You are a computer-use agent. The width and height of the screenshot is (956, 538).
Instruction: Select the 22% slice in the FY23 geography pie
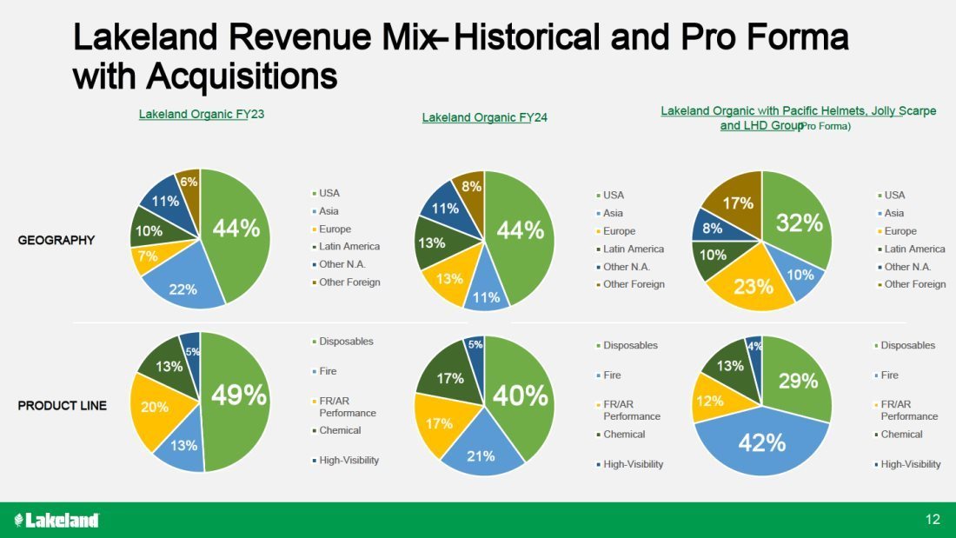click(183, 287)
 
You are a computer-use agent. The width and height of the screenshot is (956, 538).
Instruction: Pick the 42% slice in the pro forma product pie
click(762, 442)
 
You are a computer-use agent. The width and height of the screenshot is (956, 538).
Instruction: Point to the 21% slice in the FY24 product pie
click(481, 454)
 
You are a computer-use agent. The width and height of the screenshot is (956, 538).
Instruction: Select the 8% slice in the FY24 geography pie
click(470, 186)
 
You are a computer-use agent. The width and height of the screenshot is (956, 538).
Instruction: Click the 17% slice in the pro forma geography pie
click(737, 203)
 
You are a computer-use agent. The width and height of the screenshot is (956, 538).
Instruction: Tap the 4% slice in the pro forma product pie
click(754, 347)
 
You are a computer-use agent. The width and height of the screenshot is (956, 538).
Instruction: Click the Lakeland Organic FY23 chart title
click(202, 115)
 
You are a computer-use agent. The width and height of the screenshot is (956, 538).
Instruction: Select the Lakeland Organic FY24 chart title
click(485, 117)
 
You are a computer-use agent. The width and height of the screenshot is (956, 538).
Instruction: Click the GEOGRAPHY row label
click(56, 240)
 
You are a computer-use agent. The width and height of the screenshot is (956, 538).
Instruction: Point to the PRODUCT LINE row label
click(63, 405)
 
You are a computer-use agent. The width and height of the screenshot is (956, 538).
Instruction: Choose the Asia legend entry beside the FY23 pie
click(329, 211)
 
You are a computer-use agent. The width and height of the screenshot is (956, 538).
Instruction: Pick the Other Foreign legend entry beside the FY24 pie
click(634, 284)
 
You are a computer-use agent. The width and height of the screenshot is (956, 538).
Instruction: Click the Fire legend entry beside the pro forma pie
click(889, 375)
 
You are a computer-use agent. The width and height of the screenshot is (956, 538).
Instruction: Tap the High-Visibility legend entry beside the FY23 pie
click(349, 460)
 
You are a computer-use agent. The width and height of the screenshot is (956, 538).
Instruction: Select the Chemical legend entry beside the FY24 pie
click(624, 435)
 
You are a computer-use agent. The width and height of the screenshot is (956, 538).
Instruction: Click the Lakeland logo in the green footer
click(57, 520)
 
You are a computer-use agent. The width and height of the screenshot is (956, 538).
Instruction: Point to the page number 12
click(933, 520)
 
